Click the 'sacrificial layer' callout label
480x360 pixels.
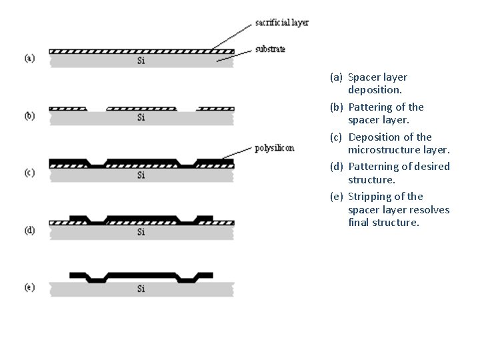point(282,23)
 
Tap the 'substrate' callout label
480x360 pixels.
point(270,49)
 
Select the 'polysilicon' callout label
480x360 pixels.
point(274,148)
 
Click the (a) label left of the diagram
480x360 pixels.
point(30,58)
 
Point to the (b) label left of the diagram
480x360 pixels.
point(30,115)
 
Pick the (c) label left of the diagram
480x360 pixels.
point(30,173)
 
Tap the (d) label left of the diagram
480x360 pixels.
point(30,230)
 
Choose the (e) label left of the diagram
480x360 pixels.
point(30,287)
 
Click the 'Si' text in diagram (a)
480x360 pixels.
point(141,61)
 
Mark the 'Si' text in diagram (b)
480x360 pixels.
point(141,118)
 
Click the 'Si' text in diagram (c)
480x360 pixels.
point(141,175)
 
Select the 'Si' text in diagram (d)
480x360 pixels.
point(141,232)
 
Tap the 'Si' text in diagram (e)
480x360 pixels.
point(141,289)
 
